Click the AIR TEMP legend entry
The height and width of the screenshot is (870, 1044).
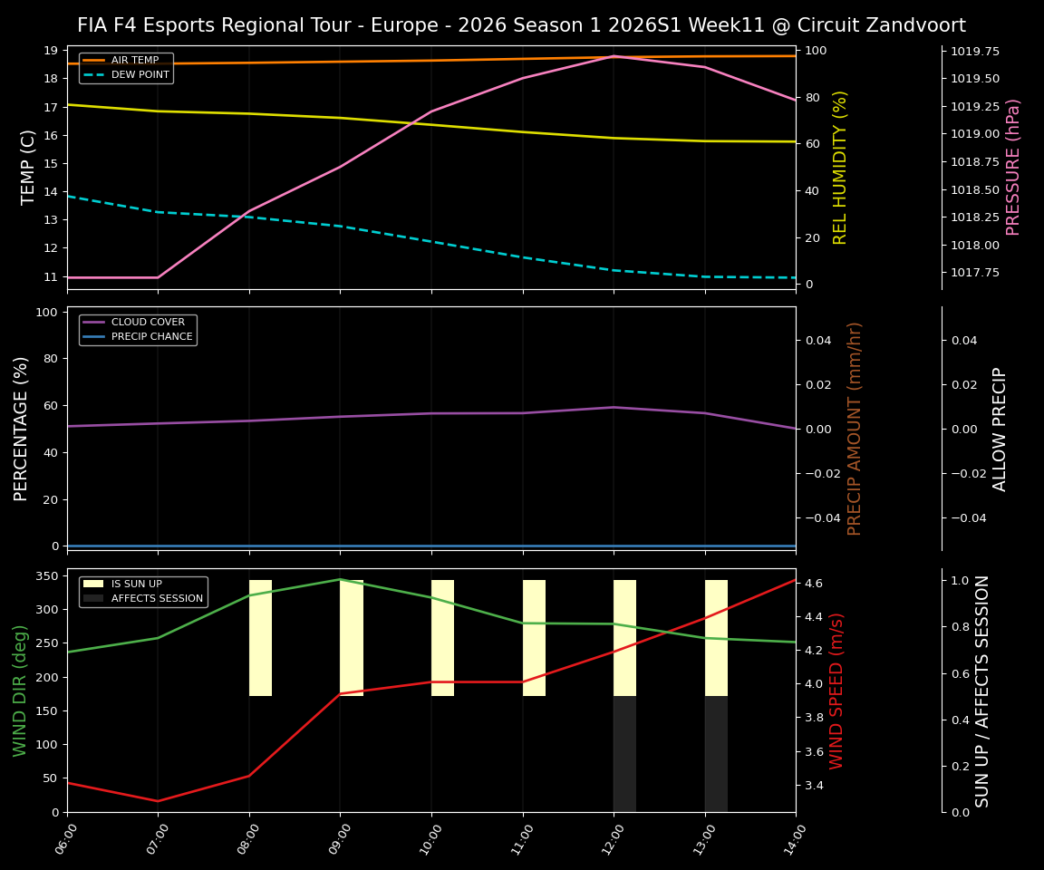[134, 61]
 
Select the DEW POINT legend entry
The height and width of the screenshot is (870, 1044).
[140, 75]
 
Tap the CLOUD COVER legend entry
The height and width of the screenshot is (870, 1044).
[148, 323]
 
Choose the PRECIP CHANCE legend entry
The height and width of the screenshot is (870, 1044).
[151, 337]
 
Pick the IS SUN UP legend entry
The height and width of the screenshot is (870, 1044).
[141, 585]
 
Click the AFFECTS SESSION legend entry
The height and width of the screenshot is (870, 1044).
[157, 599]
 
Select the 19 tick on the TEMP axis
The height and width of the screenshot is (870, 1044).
[50, 51]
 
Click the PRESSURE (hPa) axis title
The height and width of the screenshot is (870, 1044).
[1013, 167]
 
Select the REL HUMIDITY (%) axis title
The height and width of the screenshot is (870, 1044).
[840, 167]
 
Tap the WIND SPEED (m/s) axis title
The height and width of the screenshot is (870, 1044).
[836, 691]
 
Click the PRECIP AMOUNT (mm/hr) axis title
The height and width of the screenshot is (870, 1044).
[855, 428]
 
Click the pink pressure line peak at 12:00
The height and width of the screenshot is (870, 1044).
[614, 56]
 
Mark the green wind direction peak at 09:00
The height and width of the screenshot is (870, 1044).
[340, 579]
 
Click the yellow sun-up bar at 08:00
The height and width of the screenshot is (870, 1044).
[260, 638]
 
